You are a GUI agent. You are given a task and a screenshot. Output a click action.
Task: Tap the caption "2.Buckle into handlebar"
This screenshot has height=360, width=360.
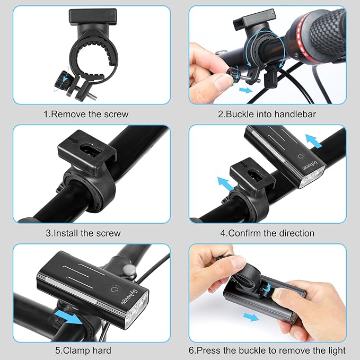point(267,113)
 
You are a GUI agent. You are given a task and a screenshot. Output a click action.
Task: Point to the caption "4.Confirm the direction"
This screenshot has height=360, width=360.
point(267,233)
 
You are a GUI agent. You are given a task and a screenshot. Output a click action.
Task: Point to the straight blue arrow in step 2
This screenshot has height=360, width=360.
point(245,91)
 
